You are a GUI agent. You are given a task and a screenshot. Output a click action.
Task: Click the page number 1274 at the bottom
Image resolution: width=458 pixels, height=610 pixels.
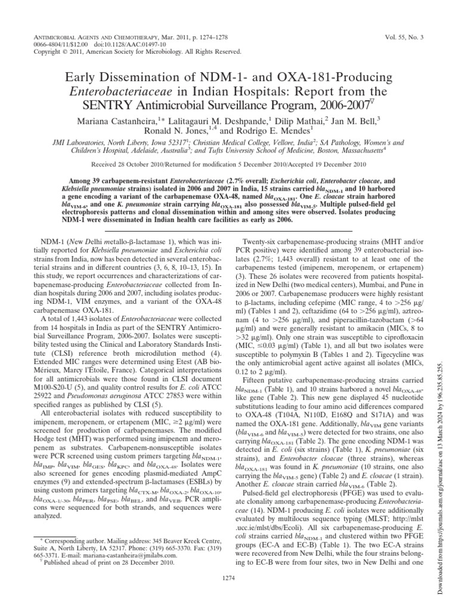click(x=229, y=594)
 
